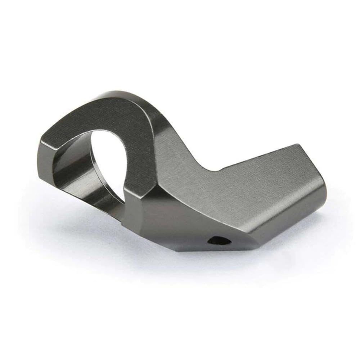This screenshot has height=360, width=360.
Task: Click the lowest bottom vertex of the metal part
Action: pos(180,252)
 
